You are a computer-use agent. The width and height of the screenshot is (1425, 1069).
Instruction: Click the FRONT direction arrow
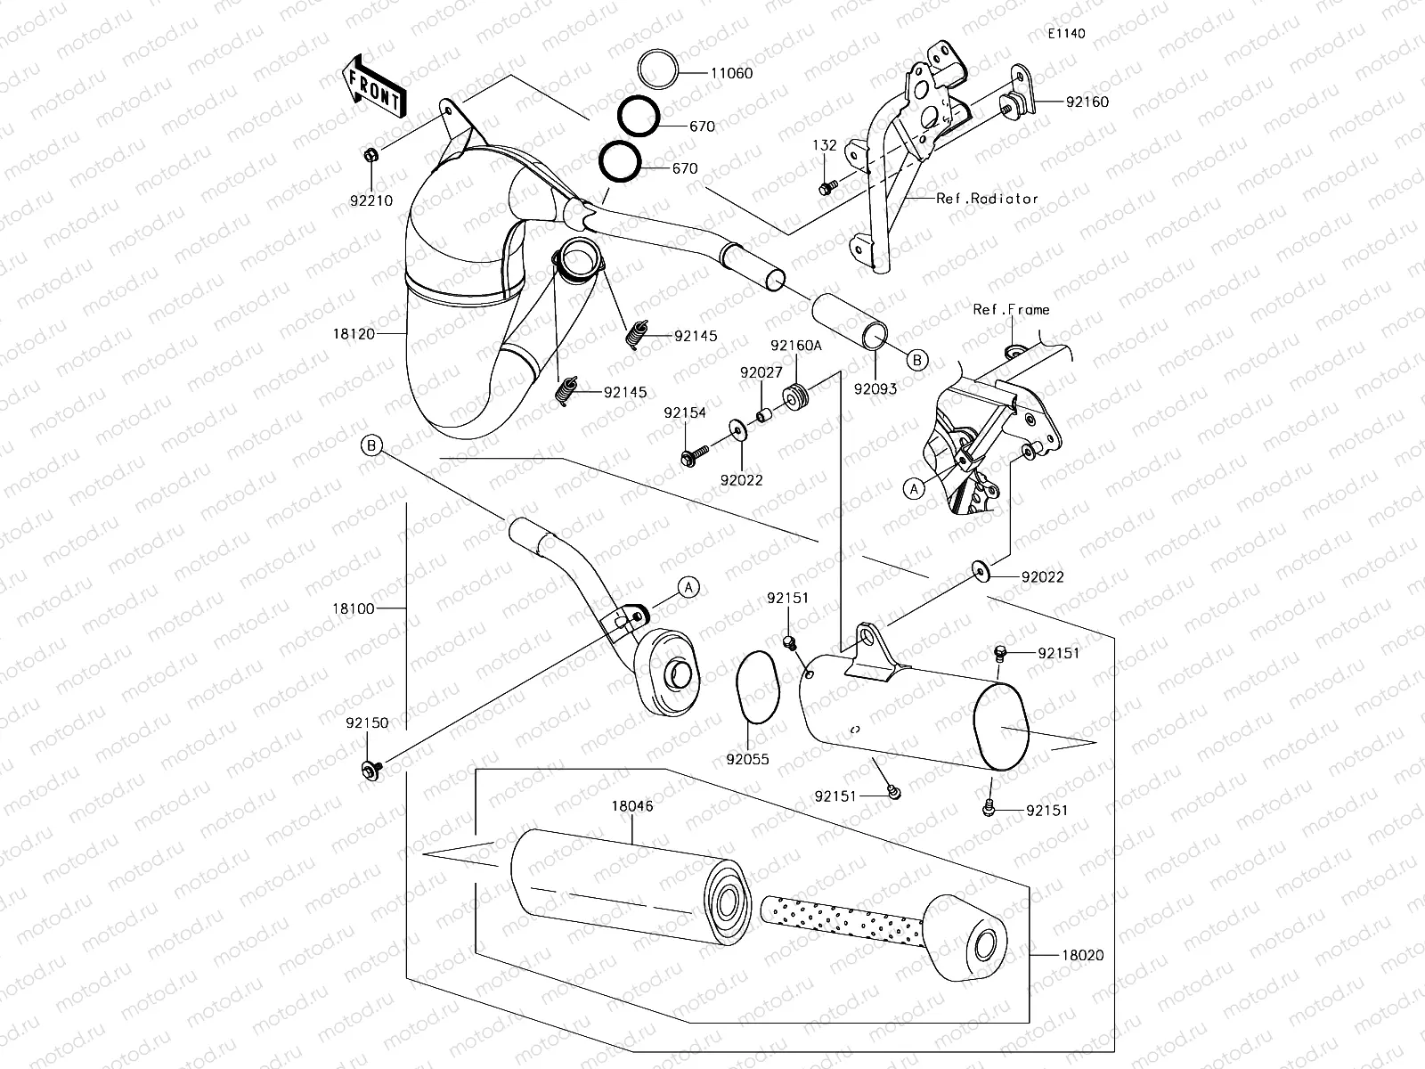click(x=373, y=86)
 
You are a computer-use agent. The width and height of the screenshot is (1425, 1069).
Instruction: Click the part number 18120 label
click(x=353, y=334)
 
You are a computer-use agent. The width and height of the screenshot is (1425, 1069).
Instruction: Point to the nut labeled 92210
click(x=371, y=156)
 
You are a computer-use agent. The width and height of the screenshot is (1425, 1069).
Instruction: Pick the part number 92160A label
click(x=796, y=346)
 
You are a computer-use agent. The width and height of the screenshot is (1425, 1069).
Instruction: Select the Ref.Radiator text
click(x=987, y=199)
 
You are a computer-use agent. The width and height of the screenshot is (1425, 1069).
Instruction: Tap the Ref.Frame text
click(x=1011, y=309)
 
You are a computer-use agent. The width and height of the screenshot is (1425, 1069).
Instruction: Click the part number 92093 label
click(x=875, y=388)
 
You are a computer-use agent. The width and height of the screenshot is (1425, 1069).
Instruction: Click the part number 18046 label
click(x=631, y=805)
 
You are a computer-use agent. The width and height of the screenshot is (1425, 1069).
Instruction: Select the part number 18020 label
click(x=1082, y=955)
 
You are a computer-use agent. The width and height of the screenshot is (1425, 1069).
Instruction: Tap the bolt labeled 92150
click(x=370, y=768)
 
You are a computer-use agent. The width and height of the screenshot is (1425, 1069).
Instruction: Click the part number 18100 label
click(x=354, y=608)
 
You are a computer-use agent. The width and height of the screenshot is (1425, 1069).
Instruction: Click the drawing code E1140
click(x=1066, y=34)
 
